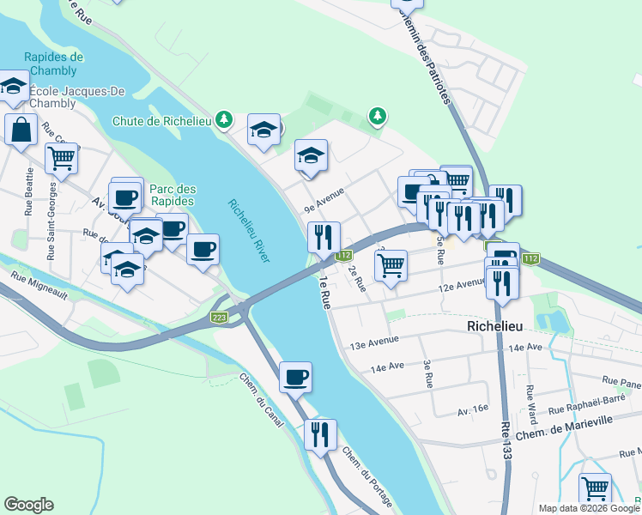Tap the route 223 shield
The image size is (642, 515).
tap(219, 318)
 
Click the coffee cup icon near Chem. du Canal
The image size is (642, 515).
tap(295, 376)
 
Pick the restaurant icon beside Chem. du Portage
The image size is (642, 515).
tap(321, 433)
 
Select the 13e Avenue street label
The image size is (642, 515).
tap(375, 342)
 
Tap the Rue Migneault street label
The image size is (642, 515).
tap(39, 284)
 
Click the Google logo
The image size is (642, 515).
tap(28, 505)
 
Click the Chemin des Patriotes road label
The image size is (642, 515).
tap(427, 51)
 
